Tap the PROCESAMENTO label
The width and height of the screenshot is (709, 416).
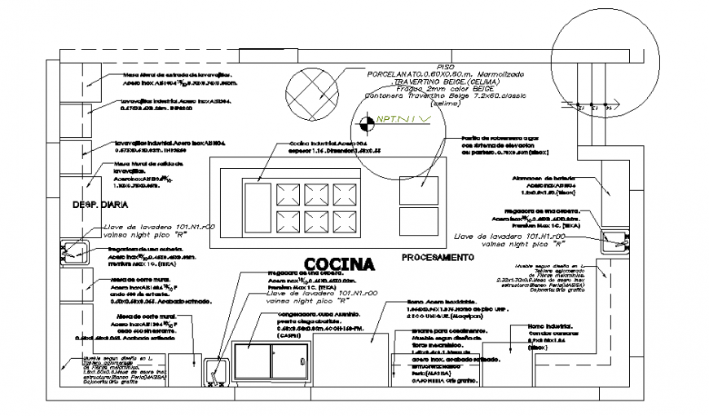(x=438, y=258)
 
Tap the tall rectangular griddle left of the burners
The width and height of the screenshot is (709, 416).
(x=258, y=207)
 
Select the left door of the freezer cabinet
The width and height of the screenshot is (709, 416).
(x=253, y=360)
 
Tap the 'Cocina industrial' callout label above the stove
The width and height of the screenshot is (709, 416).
(x=323, y=144)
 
